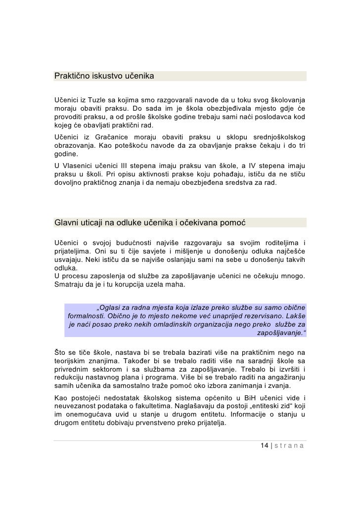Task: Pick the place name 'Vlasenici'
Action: tap(83, 164)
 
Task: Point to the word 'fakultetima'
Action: tap(153, 407)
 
